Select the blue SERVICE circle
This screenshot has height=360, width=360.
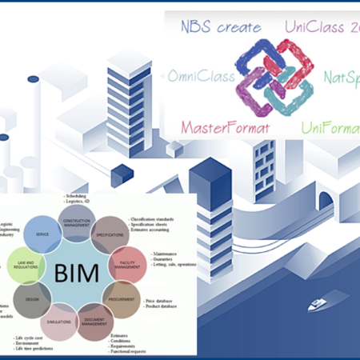[38, 235]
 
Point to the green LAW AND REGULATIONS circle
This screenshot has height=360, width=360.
[24, 266]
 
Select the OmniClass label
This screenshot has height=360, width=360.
[201, 77]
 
